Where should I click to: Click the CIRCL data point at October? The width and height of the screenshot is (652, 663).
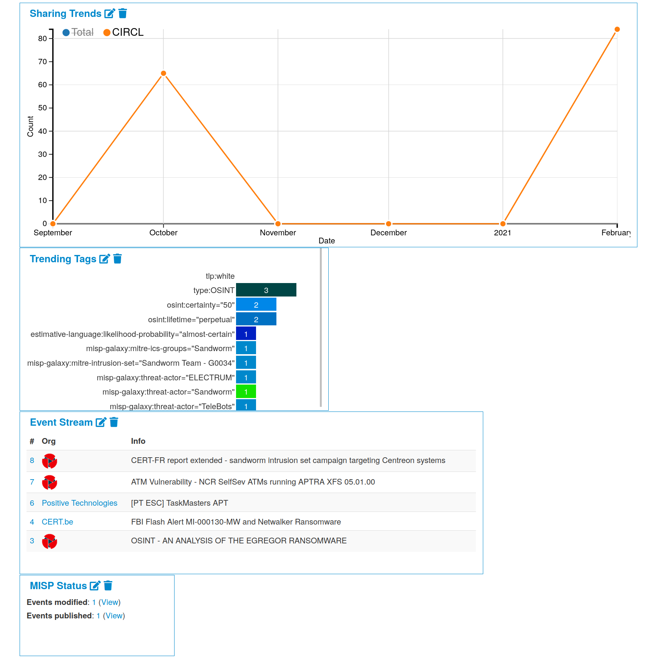(x=163, y=73)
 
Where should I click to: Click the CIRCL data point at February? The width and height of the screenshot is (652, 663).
(x=617, y=30)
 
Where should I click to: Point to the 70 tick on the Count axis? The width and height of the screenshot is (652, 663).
(x=42, y=62)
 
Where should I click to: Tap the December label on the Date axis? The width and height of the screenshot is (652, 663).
(x=388, y=233)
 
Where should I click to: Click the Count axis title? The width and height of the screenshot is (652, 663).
(x=30, y=126)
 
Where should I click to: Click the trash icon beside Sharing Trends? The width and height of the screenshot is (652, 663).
(x=123, y=13)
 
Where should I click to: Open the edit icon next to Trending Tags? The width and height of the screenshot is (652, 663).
(x=104, y=259)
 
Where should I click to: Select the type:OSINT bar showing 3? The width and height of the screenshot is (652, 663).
(x=266, y=290)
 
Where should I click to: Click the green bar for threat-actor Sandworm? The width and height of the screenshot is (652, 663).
(x=246, y=391)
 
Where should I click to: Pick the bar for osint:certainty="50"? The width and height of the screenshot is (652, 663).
(x=256, y=305)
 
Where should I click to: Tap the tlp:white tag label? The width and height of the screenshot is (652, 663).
(x=220, y=276)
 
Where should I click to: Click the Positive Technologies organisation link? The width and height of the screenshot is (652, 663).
(x=80, y=503)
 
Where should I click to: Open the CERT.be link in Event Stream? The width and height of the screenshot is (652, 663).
(x=57, y=522)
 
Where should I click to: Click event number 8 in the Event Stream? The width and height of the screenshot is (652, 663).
(x=32, y=461)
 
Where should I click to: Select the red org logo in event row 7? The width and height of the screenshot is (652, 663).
(x=50, y=482)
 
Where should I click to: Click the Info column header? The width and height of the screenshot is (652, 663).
(x=138, y=441)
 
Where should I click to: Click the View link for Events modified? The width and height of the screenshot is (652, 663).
(x=110, y=602)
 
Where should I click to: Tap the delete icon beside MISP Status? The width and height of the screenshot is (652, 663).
(x=108, y=586)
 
